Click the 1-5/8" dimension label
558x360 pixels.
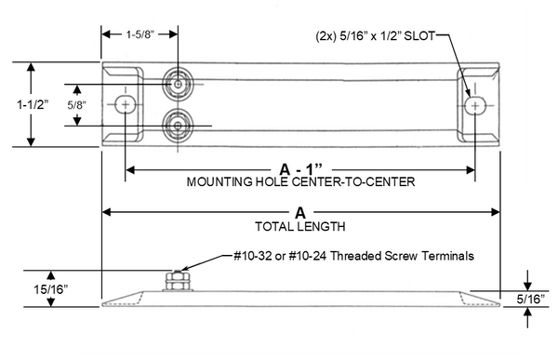click(139, 34)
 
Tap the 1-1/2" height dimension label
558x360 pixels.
click(33, 105)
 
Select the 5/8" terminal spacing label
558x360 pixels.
click(77, 105)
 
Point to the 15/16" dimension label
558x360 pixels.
click(50, 289)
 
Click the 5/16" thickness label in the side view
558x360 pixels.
click(531, 300)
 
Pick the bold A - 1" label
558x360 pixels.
click(300, 169)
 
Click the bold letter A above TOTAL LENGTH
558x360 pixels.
click(300, 213)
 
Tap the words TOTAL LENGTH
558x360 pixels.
click(300, 226)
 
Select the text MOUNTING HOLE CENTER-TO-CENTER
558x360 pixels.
click(300, 182)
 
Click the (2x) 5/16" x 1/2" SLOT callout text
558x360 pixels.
click(376, 36)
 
